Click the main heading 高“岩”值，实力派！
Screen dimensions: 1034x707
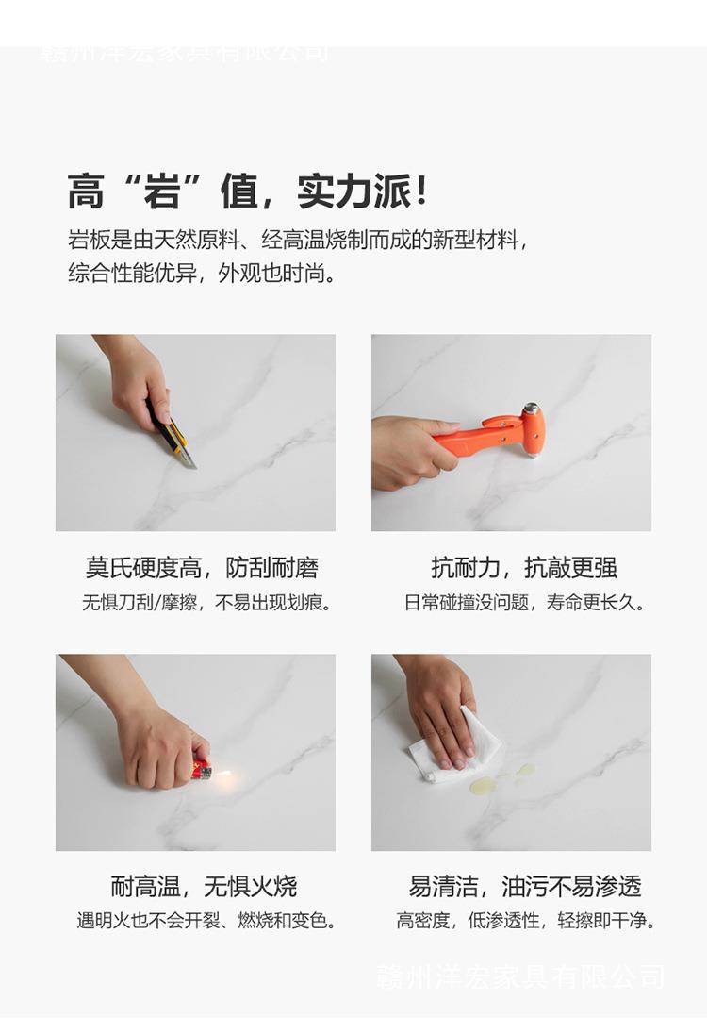click(247, 192)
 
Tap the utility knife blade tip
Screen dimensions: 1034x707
click(191, 462)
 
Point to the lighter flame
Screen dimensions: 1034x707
click(224, 773)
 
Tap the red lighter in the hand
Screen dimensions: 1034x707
click(202, 770)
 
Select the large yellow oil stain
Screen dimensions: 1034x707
click(483, 785)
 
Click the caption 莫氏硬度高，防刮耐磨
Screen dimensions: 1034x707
click(202, 568)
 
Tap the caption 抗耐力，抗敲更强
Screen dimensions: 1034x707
click(510, 568)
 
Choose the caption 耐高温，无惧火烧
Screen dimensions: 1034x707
click(204, 887)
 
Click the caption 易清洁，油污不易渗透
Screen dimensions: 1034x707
click(524, 887)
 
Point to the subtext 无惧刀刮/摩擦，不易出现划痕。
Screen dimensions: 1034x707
click(207, 603)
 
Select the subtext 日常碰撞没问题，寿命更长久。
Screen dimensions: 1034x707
click(526, 603)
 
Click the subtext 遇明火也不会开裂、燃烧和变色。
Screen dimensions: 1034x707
click(206, 920)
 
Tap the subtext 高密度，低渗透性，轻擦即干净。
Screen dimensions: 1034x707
click(526, 920)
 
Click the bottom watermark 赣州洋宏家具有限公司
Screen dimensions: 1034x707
click(520, 976)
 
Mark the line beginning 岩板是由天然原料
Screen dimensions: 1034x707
click(298, 240)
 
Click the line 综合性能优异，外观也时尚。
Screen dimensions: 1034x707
click(203, 274)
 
